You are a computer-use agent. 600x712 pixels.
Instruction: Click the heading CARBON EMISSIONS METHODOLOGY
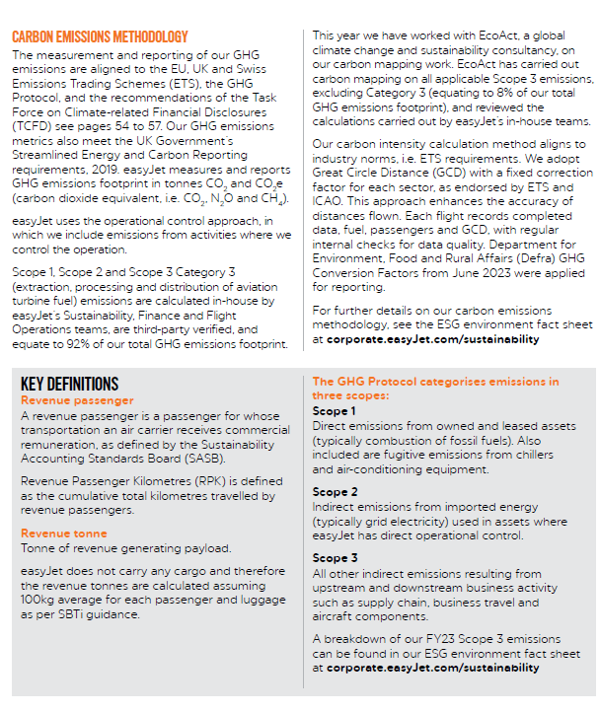100,36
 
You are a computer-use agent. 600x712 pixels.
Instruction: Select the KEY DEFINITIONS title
70,385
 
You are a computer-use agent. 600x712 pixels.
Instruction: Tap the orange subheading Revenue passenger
78,400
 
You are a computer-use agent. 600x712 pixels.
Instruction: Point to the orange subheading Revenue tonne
64,534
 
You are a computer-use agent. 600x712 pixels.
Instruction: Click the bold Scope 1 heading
335,411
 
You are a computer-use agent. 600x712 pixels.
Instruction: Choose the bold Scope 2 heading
335,491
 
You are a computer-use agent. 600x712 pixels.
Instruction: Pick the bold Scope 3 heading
335,558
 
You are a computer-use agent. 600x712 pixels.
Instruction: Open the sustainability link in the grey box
434,668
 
